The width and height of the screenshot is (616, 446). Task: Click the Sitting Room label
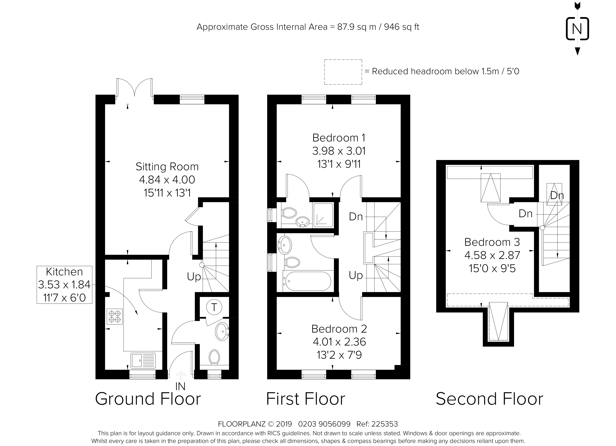[x=167, y=167]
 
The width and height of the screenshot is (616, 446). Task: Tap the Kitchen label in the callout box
[x=64, y=272]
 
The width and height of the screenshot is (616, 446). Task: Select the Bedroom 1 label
[x=339, y=138]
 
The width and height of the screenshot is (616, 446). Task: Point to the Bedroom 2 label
[x=339, y=329]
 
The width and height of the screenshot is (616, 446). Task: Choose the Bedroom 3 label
[x=492, y=242]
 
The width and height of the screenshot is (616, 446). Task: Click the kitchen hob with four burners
[x=115, y=317]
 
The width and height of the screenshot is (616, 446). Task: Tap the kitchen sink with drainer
[x=143, y=360]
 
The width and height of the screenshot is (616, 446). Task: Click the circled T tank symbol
[x=214, y=307]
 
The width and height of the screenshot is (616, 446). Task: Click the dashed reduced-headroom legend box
[x=343, y=72]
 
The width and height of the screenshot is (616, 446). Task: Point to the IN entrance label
[x=180, y=386]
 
